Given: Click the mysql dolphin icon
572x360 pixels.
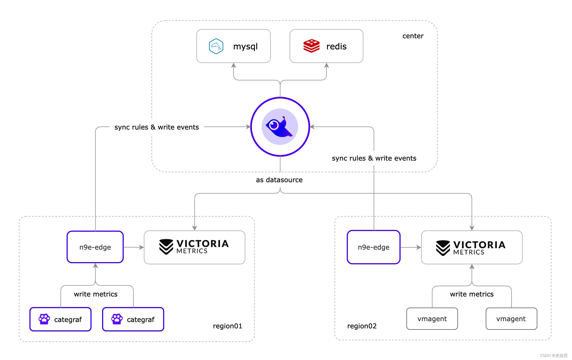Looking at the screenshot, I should click(x=216, y=46).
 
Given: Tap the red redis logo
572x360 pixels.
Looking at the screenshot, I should click(x=311, y=46).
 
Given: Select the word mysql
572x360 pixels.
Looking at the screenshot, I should click(x=245, y=46).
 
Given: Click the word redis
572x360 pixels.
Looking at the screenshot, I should click(x=336, y=46).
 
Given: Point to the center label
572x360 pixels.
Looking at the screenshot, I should click(x=413, y=36).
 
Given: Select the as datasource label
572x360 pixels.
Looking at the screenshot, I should click(x=279, y=180).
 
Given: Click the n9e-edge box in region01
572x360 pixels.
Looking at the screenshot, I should click(x=95, y=247).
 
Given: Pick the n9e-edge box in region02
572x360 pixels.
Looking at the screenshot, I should click(x=373, y=247).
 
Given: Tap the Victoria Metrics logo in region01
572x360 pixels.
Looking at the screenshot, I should click(x=194, y=247).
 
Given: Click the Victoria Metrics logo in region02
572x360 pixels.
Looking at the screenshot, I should click(x=471, y=248).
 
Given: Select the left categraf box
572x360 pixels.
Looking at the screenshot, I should click(x=60, y=319).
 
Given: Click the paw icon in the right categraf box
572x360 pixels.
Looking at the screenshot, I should click(x=117, y=319).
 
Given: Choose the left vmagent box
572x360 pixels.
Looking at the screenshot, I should click(x=432, y=319).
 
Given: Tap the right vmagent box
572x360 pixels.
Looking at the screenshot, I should click(x=511, y=319).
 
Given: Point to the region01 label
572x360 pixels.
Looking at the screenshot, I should click(x=227, y=326).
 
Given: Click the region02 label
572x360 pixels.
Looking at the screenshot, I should click(x=362, y=326).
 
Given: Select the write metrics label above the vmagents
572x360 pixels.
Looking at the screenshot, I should click(x=472, y=294).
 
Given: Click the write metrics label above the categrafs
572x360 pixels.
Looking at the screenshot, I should click(x=96, y=294).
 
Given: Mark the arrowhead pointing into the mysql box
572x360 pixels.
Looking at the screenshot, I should click(x=234, y=65).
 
